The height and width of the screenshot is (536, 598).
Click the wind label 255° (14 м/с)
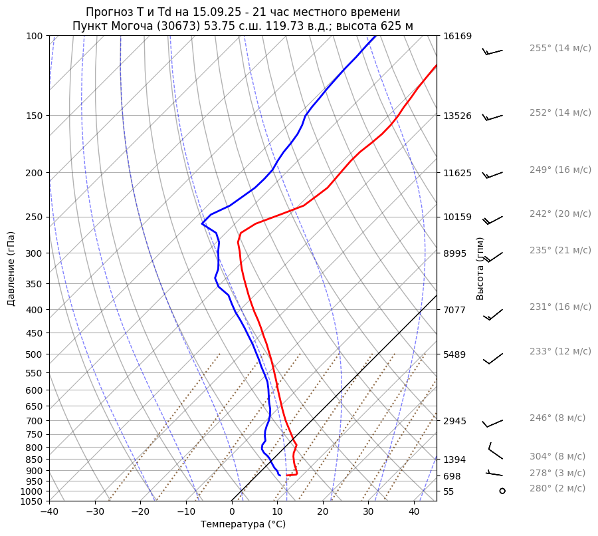(560, 48)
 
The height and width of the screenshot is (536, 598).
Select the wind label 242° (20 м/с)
(560, 213)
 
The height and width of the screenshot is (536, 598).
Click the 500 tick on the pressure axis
(35, 354)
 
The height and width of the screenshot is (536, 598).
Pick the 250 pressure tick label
(35, 217)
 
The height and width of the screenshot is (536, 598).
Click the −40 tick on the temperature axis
(49, 512)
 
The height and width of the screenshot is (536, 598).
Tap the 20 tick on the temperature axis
(323, 512)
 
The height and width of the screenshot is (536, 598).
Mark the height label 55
(448, 491)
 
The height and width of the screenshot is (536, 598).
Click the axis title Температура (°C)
(243, 525)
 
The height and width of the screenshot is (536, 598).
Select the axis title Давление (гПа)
(11, 269)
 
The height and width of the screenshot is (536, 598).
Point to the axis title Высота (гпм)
(480, 269)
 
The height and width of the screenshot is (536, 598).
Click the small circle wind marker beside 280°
(502, 491)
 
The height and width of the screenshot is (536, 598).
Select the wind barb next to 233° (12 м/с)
(492, 358)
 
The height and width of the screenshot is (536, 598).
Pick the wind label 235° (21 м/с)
(560, 250)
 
